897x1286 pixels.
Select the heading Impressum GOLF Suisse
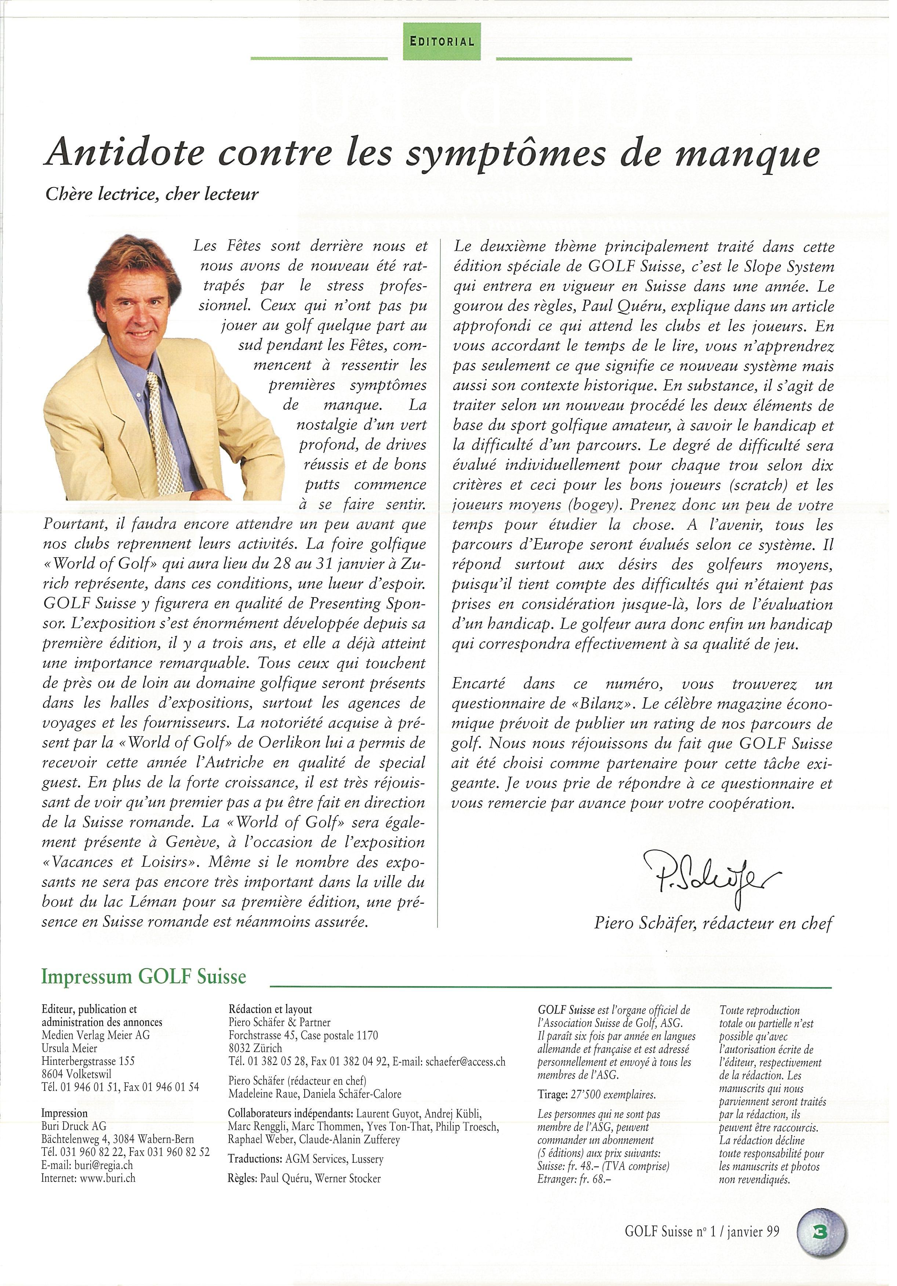tap(144, 977)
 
